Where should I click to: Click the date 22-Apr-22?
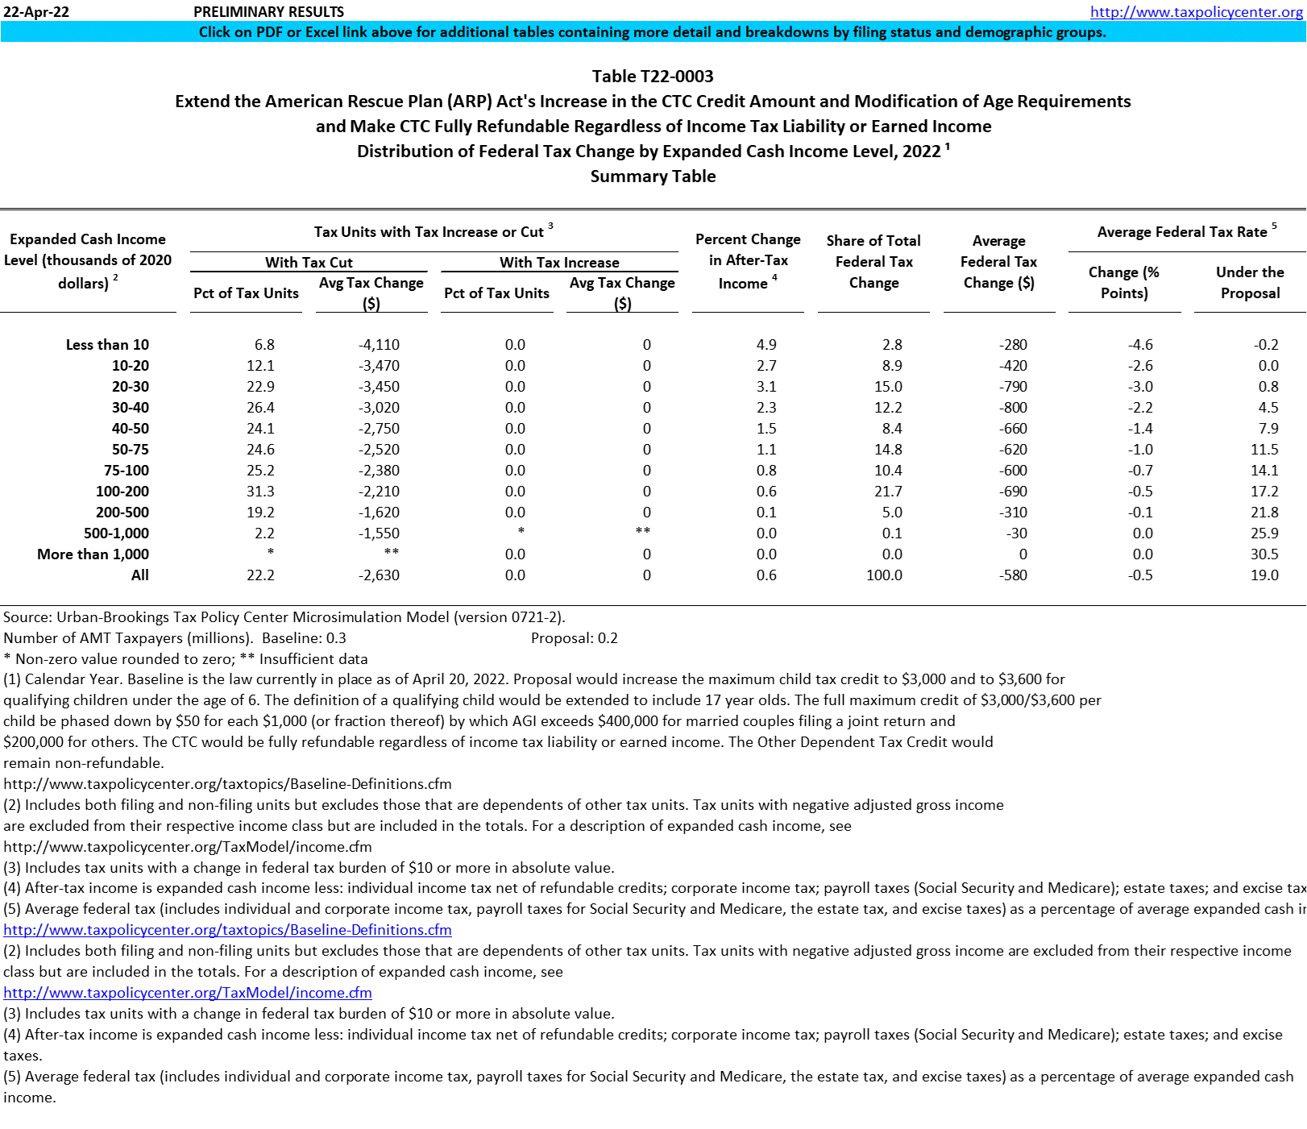(x=36, y=12)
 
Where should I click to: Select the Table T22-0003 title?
(x=653, y=77)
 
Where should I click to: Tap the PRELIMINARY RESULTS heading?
(x=268, y=12)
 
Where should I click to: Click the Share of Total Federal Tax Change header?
(x=873, y=261)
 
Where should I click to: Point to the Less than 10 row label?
(x=107, y=345)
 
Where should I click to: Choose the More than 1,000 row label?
(x=93, y=554)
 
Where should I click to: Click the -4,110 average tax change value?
(x=379, y=345)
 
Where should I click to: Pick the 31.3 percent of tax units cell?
(x=260, y=492)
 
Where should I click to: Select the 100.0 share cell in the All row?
(x=884, y=575)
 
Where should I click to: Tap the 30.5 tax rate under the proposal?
(x=1264, y=554)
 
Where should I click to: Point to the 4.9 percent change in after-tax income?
(x=766, y=345)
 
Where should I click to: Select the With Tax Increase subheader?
(x=559, y=263)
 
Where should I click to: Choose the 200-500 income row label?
(x=122, y=513)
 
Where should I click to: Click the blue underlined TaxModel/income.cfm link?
(x=188, y=993)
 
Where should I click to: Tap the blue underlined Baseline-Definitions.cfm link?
(x=227, y=930)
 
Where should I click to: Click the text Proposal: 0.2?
(x=574, y=638)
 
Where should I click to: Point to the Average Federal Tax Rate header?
(x=1182, y=232)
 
